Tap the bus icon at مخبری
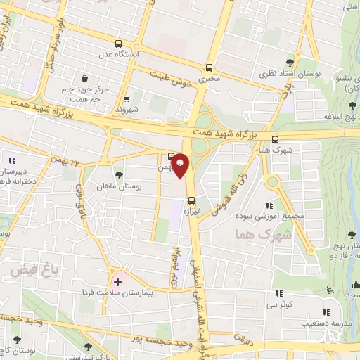[x=209, y=68]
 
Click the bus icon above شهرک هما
[x=274, y=139]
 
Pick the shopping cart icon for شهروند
[x=127, y=99]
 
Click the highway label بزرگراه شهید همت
[x=221, y=134]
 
